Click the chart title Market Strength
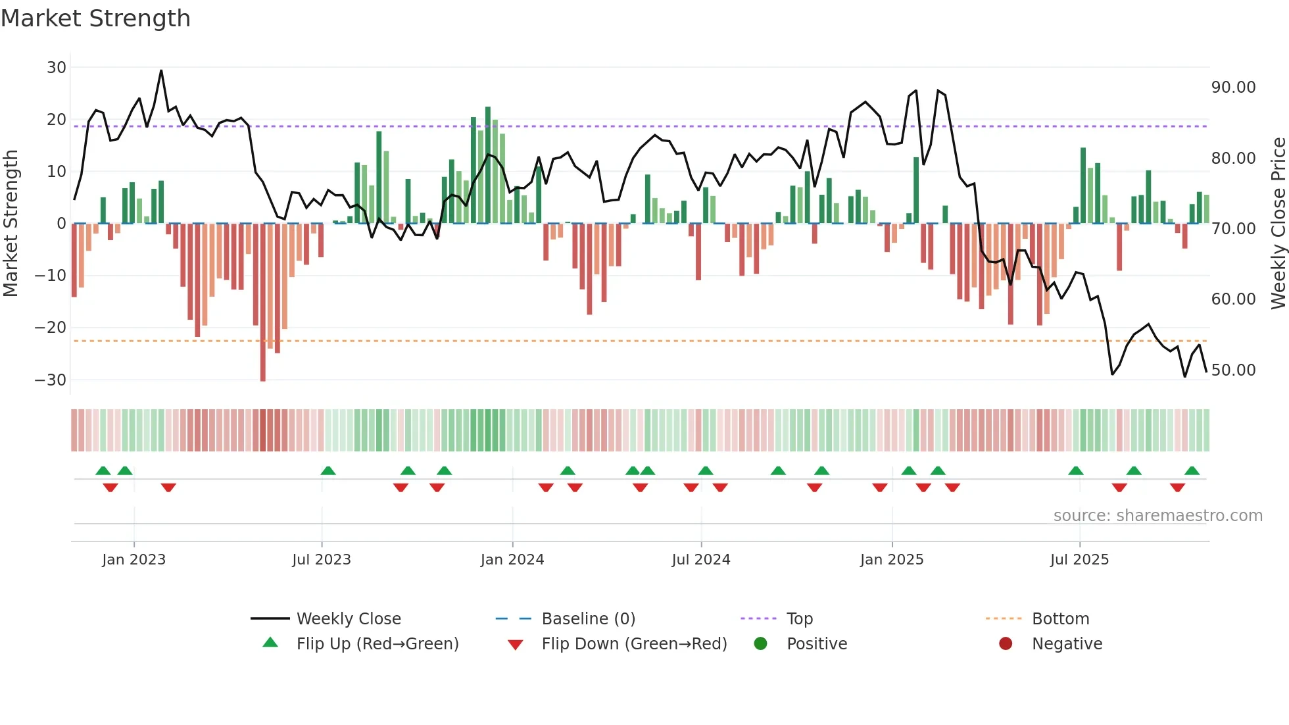[95, 18]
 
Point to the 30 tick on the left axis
[57, 67]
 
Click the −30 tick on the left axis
[51, 380]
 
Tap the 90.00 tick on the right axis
[1233, 87]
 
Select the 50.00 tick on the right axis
[1233, 370]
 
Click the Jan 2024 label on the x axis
[512, 560]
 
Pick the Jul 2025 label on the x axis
[1079, 560]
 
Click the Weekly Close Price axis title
[1278, 224]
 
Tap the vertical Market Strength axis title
[11, 224]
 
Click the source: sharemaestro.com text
[1157, 516]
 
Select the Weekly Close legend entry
[348, 619]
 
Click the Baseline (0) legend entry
[588, 619]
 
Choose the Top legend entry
[799, 619]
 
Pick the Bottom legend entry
[1060, 619]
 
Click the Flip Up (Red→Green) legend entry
[377, 644]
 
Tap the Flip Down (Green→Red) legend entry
[634, 644]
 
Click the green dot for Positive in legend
[761, 644]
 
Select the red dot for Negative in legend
[1006, 644]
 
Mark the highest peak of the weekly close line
[161, 71]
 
